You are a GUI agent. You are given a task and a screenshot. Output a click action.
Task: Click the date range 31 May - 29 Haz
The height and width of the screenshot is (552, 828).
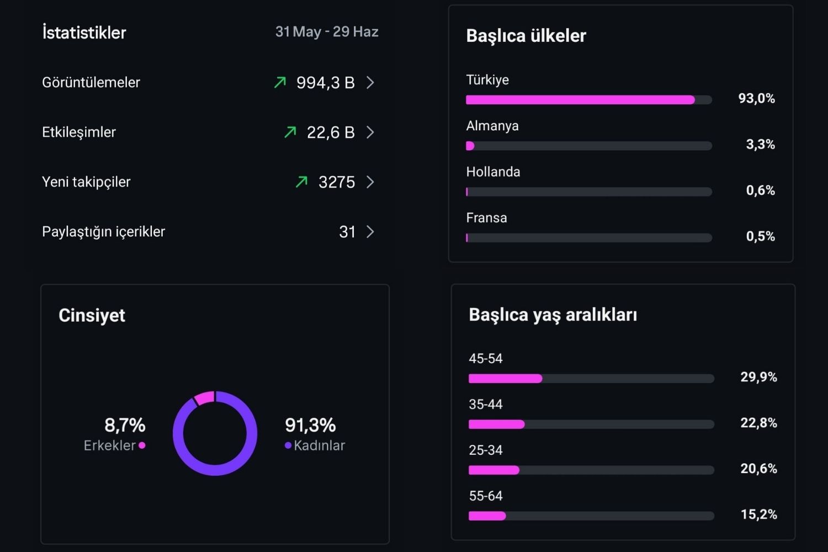(x=327, y=32)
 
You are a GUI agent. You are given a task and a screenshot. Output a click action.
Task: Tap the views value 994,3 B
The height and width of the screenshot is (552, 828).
(x=325, y=82)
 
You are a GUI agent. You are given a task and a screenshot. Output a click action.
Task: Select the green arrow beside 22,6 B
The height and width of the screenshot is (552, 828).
(x=290, y=132)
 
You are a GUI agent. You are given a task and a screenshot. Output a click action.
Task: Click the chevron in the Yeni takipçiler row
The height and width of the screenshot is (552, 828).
(x=370, y=182)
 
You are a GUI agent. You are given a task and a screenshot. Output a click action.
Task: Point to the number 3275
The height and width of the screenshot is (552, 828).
(x=337, y=182)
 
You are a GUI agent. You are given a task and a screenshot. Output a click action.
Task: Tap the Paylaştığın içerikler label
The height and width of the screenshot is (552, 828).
(x=104, y=232)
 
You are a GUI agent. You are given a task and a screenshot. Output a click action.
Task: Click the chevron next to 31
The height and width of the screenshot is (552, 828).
(x=370, y=232)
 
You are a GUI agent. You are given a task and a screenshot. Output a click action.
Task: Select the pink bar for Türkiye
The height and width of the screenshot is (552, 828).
(x=580, y=100)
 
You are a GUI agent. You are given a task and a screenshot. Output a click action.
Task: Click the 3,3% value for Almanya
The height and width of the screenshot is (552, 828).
(x=760, y=144)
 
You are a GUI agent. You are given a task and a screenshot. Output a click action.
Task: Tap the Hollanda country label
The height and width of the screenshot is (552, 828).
(x=493, y=172)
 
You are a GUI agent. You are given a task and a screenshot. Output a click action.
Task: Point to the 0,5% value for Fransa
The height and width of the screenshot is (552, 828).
(x=760, y=236)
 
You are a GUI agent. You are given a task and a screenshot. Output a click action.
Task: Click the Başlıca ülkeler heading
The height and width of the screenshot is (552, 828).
(x=526, y=36)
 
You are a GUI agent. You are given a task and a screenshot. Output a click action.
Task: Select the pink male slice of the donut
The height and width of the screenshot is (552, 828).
(x=204, y=398)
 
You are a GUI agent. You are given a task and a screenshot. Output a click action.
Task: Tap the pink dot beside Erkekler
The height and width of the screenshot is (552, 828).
(x=142, y=445)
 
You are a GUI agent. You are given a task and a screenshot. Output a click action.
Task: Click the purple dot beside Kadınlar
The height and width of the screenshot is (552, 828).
(x=288, y=445)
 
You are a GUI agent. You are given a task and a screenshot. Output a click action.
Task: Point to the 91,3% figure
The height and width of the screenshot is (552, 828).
(x=310, y=425)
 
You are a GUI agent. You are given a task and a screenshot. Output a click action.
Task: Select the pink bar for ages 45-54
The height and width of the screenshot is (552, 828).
(x=505, y=379)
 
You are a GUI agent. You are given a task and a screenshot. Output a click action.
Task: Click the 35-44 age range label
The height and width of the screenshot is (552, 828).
(x=486, y=405)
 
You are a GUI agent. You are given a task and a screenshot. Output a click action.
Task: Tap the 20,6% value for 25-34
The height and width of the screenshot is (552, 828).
(x=758, y=469)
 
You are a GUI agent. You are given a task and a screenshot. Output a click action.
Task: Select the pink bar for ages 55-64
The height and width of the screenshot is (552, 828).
(x=487, y=516)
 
